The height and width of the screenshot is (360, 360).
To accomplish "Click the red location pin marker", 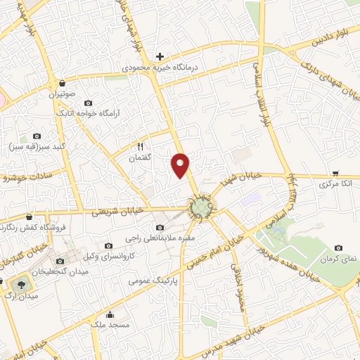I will [x=181, y=165].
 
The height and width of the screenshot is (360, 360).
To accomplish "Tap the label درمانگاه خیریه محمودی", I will [x=160, y=68].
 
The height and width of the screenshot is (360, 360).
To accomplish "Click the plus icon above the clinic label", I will [x=160, y=56].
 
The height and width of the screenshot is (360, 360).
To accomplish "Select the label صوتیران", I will [x=61, y=94].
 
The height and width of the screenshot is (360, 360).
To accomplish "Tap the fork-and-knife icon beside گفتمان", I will [x=140, y=147].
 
